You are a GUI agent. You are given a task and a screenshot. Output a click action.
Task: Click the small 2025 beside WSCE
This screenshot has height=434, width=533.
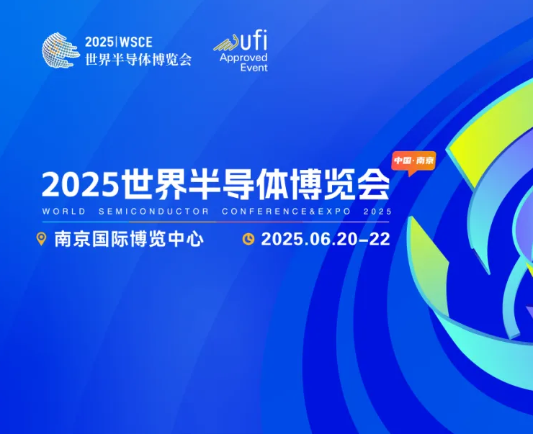coord(99,42)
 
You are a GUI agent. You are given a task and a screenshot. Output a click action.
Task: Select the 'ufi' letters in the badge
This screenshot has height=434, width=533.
coord(254,40)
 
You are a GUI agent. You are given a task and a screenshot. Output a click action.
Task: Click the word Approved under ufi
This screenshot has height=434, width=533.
coord(243,58)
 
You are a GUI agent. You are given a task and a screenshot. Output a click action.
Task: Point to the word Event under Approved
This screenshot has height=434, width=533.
coord(254,67)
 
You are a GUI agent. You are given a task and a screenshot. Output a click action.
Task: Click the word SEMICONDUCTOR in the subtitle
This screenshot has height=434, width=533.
coord(153,211)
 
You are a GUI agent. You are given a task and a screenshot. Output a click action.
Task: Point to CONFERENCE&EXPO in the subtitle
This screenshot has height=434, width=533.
coord(286,211)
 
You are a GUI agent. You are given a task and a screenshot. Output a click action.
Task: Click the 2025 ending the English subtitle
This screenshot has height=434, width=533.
coord(377,211)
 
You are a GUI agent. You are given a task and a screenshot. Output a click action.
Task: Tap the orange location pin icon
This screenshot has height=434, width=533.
coord(41,239)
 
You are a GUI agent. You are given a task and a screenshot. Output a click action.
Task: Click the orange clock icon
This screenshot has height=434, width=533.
coord(248,239)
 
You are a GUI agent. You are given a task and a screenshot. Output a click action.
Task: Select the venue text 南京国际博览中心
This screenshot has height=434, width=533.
coord(129,239)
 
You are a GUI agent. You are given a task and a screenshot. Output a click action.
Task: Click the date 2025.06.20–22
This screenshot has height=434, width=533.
coord(326,239)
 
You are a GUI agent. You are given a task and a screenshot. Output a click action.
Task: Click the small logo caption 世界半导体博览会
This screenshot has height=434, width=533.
coord(138,60)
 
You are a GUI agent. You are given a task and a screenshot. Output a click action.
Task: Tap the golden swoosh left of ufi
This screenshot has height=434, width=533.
coord(228,43)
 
